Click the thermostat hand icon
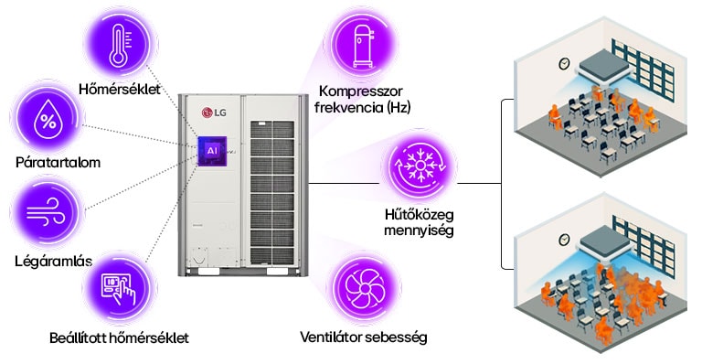point(116,286)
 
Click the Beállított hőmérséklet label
point(119,338)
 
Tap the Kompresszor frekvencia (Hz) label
point(363,99)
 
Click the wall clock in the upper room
point(565,64)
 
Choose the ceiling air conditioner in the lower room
point(610,242)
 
